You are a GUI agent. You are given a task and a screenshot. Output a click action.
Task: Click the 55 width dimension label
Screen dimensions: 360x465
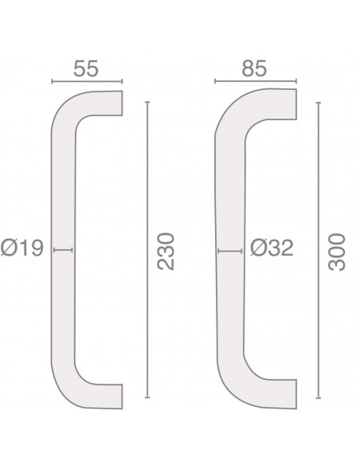click(86, 68)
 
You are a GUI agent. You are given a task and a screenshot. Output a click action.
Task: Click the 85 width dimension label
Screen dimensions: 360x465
click(254, 68)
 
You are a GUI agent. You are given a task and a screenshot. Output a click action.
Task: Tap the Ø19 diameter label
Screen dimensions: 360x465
click(22, 248)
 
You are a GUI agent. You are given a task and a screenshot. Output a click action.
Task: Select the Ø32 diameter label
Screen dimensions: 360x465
click(272, 248)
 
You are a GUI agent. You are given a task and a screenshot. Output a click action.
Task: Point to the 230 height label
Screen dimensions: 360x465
click(166, 252)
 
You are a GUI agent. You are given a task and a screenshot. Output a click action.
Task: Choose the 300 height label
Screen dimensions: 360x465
click(337, 252)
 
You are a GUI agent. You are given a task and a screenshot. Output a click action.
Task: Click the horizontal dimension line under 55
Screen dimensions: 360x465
click(87, 81)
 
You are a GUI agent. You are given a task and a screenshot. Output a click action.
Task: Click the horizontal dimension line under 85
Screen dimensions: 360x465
click(256, 81)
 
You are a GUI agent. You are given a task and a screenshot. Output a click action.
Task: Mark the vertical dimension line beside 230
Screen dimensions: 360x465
click(147, 250)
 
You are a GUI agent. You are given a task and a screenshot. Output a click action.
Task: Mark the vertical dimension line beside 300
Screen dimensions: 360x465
click(319, 251)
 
